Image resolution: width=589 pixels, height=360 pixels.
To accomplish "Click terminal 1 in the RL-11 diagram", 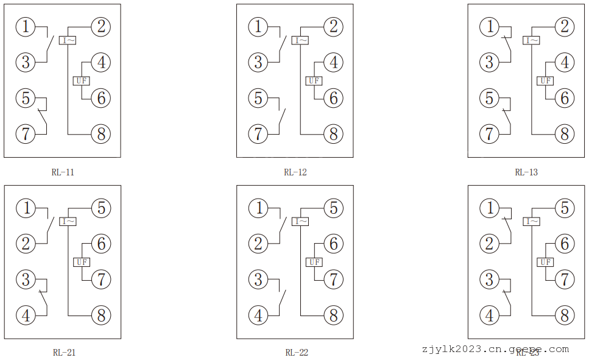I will (26, 27).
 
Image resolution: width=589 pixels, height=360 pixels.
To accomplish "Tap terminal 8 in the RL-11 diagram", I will (101, 134).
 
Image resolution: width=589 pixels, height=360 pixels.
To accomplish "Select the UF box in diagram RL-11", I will (82, 80).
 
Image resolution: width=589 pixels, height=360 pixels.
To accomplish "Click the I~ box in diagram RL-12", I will (300, 41).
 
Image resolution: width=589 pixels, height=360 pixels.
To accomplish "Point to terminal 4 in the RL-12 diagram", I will (333, 62).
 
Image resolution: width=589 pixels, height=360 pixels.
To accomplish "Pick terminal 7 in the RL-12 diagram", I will (258, 134).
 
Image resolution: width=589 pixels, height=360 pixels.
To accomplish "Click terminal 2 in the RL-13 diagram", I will (565, 27).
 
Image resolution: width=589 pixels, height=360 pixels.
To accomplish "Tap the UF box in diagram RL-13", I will (545, 80).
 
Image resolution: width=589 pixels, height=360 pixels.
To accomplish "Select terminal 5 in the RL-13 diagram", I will (489, 98).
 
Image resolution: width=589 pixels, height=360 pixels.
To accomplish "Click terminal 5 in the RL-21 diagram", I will (101, 208).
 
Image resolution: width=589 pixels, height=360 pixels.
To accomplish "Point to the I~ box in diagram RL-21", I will (68, 222).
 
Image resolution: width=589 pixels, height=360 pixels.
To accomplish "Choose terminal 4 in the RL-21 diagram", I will (26, 316).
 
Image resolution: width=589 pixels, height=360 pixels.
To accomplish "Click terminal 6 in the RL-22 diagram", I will (333, 244).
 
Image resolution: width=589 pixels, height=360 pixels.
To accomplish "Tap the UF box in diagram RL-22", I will (314, 262).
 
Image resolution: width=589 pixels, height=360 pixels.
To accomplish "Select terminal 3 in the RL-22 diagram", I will (258, 280).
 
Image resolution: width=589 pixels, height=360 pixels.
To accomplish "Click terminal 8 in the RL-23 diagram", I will (565, 316).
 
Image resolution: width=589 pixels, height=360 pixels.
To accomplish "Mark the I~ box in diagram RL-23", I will (532, 222).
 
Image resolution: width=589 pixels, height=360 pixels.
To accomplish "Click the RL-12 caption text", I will (295, 172).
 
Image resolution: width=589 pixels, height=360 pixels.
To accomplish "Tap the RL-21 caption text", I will (64, 352).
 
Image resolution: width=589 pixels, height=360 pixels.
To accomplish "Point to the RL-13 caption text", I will (526, 172).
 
